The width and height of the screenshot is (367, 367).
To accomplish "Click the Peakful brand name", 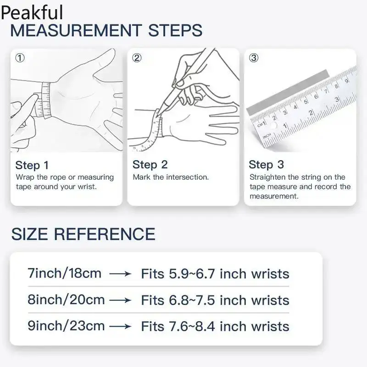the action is pyautogui.click(x=32, y=12).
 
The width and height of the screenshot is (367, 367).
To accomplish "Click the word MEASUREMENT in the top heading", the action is pyautogui.click(x=76, y=30).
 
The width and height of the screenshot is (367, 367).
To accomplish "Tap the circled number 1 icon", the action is pyautogui.click(x=20, y=58).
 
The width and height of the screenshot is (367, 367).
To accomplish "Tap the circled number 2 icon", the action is pyautogui.click(x=137, y=58).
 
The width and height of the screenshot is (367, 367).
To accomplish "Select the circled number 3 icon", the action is pyautogui.click(x=254, y=58).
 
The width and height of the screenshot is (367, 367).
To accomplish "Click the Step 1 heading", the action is pyautogui.click(x=32, y=165).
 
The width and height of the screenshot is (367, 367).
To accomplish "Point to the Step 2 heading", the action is pyautogui.click(x=150, y=165).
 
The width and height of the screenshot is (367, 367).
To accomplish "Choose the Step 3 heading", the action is pyautogui.click(x=267, y=165).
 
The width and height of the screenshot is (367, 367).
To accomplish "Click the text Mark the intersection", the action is pyautogui.click(x=171, y=177).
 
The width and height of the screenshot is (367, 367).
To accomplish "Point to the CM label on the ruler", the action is pyautogui.click(x=260, y=124).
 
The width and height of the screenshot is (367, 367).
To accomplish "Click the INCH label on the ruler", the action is pyautogui.click(x=267, y=136).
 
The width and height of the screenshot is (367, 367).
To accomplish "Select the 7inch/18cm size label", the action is pyautogui.click(x=65, y=273).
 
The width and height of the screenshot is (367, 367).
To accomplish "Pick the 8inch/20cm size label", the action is pyautogui.click(x=66, y=300).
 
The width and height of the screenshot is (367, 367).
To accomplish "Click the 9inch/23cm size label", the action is pyautogui.click(x=66, y=326).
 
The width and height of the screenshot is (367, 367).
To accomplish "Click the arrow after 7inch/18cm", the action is pyautogui.click(x=120, y=273).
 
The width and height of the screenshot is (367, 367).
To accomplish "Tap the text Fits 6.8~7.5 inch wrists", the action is pyautogui.click(x=215, y=300).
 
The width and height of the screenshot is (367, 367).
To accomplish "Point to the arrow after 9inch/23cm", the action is pyautogui.click(x=120, y=326).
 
